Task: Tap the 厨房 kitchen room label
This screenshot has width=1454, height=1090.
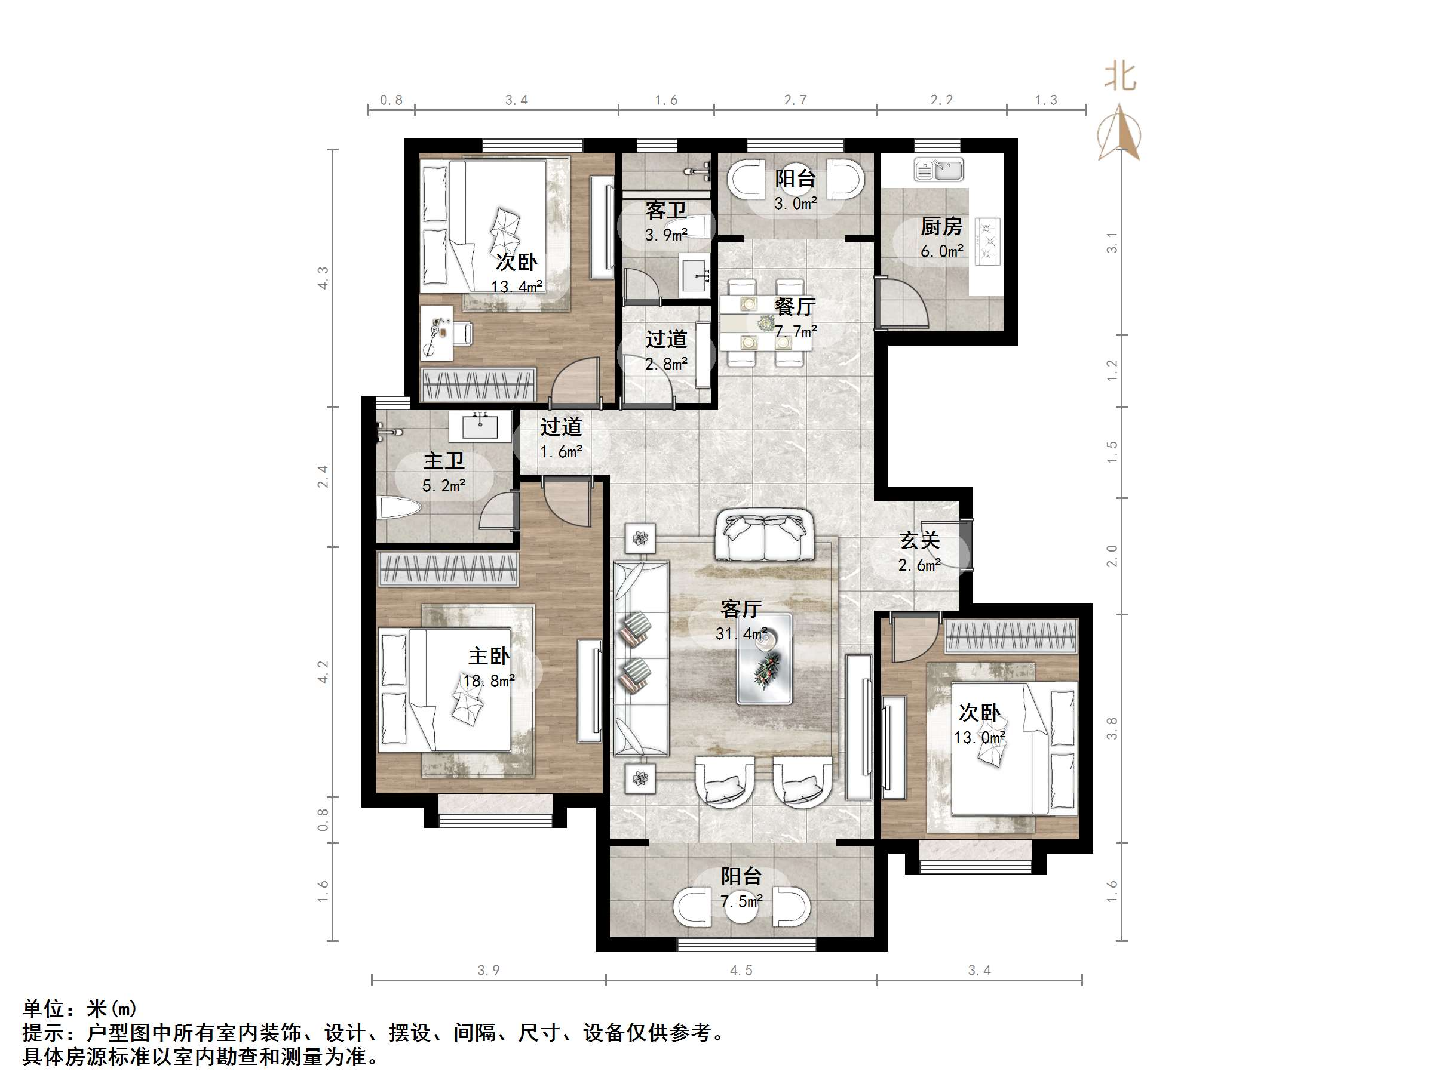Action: (941, 227)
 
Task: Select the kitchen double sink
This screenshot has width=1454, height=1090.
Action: (938, 170)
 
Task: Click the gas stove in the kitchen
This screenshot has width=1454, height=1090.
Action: (987, 242)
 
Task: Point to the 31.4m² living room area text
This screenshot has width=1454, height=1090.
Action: (741, 634)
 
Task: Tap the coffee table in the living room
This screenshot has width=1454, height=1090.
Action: (764, 659)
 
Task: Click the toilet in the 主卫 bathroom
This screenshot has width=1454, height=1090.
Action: (399, 509)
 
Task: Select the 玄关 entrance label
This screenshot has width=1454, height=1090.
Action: (919, 541)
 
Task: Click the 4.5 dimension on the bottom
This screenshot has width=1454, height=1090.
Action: (741, 971)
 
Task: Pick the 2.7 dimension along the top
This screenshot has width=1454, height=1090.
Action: (795, 100)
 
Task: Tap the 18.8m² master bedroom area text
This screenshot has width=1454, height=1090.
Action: (489, 681)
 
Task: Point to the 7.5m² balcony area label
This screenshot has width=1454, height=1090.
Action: (741, 901)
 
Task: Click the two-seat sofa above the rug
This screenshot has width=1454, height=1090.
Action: (764, 535)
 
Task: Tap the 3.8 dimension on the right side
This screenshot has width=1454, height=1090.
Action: (1112, 728)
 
